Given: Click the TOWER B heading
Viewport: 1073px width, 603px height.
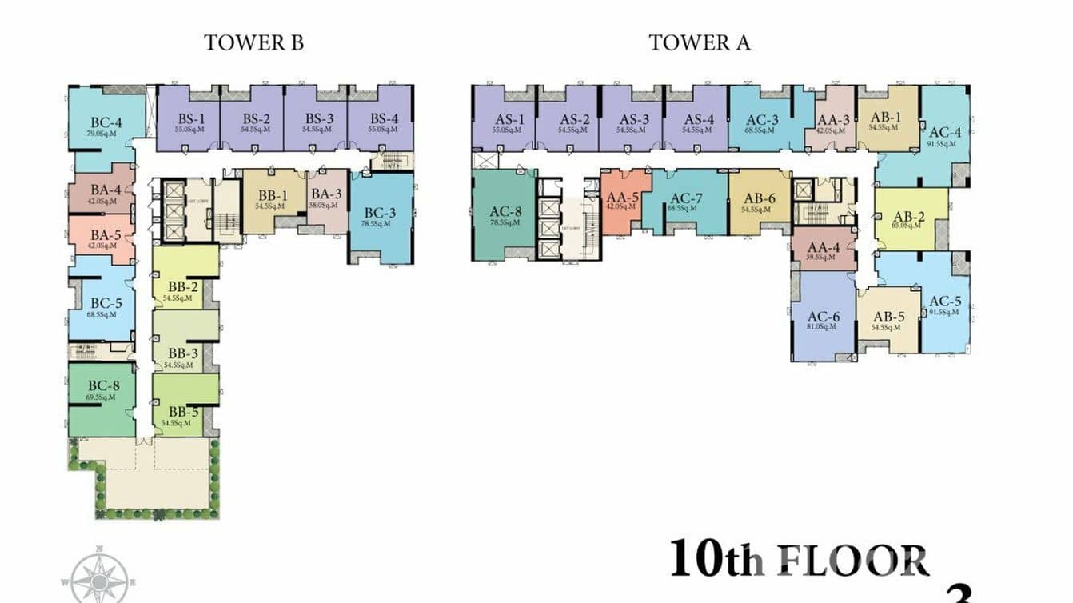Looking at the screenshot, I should [x=253, y=42].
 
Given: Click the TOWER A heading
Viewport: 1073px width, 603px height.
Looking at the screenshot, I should [x=699, y=42].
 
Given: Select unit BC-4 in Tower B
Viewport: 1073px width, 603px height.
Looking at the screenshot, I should [x=106, y=128].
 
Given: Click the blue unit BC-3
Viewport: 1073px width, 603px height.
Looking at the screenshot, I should [x=381, y=217].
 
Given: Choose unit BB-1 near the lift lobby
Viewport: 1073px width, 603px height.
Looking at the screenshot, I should [x=273, y=199].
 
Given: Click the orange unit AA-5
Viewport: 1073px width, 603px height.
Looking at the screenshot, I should [x=622, y=201].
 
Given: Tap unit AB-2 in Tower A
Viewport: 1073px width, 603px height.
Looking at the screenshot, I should [x=910, y=220].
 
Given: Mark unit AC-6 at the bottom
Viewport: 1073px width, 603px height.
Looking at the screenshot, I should [x=822, y=320].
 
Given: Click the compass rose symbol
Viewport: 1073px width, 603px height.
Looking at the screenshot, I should [x=98, y=574].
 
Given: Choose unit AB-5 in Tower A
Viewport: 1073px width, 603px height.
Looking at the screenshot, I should [x=888, y=320].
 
